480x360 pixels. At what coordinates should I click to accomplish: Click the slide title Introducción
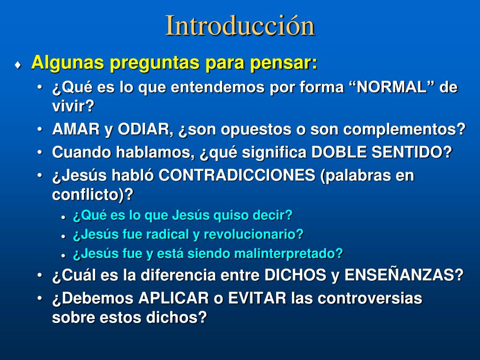pyautogui.click(x=240, y=26)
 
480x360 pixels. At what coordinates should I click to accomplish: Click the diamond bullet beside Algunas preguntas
pyautogui.click(x=18, y=65)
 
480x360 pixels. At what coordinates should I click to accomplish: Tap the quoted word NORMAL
pyautogui.click(x=392, y=87)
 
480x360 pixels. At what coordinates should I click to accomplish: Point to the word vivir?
pyautogui.click(x=73, y=106)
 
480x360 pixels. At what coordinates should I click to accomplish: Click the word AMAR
pyautogui.click(x=76, y=129)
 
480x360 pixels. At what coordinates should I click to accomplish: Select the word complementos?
pyautogui.click(x=404, y=130)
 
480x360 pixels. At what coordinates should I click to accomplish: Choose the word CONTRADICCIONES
pyautogui.click(x=237, y=175)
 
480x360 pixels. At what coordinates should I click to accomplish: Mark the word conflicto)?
pyautogui.click(x=93, y=195)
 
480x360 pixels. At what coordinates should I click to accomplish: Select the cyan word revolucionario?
pyautogui.click(x=254, y=235)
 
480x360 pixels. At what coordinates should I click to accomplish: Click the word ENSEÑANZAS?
pyautogui.click(x=404, y=274)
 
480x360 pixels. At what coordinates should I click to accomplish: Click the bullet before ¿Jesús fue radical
pyautogui.click(x=63, y=237)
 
